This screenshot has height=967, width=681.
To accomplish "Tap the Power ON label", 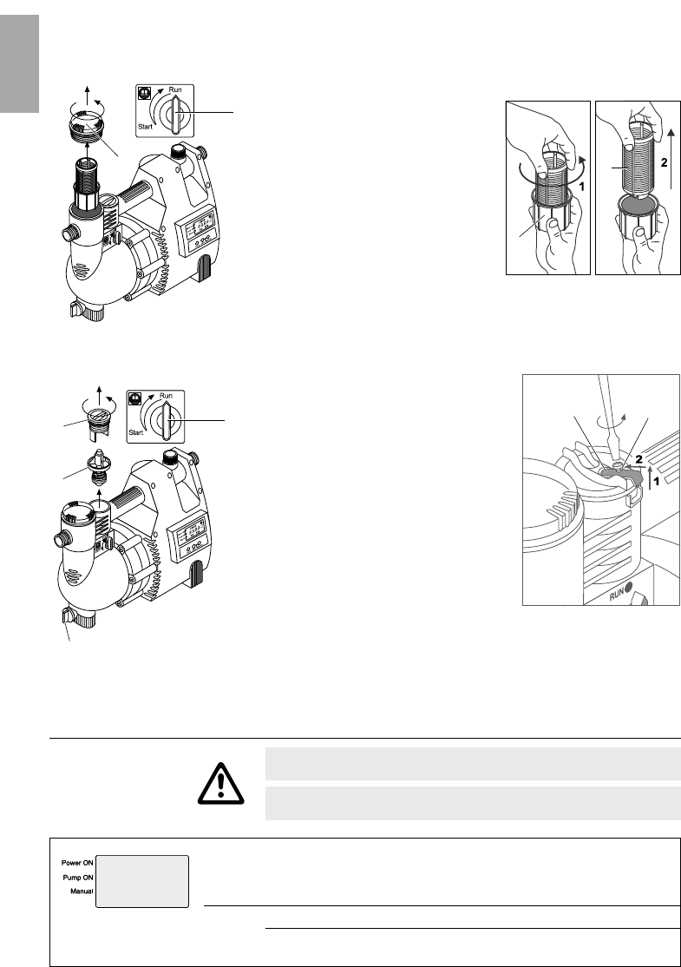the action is tap(78, 863).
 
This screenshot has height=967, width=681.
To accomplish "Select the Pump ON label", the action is tap(78, 877).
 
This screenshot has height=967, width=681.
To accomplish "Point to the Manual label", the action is tap(82, 891).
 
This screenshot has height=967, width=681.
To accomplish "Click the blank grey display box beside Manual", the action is tap(141, 881).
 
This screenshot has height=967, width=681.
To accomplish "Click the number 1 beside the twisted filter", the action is tap(580, 184).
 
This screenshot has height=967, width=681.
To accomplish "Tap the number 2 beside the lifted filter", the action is tap(664, 163).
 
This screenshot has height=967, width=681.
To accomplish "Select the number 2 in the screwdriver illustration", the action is tap(639, 459).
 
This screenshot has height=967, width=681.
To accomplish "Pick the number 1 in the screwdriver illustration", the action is tap(656, 481).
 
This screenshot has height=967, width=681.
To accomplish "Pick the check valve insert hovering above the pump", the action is tap(98, 468).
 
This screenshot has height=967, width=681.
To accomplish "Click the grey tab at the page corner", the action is tap(20, 63).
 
